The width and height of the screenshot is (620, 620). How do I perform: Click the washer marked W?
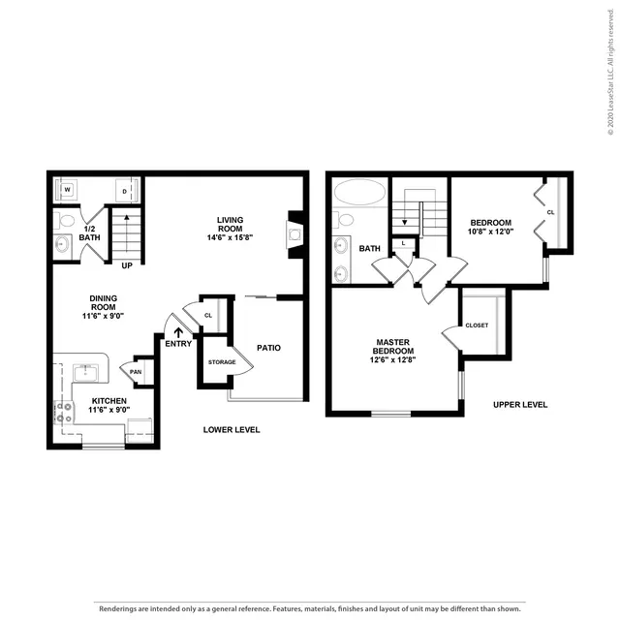coord(67,190)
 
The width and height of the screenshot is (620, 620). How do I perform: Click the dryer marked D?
coord(126,191)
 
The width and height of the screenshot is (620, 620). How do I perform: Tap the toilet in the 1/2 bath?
coord(65,221)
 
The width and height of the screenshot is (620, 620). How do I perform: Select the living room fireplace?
coord(294,234)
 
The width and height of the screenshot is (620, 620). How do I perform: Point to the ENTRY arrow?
coord(178,332)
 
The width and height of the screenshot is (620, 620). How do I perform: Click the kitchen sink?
coord(85,372)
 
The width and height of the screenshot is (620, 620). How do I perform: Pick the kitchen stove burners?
coord(64,412)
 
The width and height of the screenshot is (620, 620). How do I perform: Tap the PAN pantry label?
coord(136,372)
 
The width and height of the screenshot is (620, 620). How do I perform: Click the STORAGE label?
coord(222,362)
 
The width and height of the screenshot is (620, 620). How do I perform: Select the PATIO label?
coord(269,348)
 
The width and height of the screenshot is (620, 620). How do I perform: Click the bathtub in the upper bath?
coord(359,192)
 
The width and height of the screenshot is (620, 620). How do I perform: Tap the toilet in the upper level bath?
coord(343,220)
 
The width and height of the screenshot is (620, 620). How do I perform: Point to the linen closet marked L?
coord(403,243)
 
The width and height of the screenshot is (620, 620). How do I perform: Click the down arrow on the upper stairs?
coord(405,223)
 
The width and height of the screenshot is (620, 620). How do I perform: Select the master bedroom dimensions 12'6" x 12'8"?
coord(392,359)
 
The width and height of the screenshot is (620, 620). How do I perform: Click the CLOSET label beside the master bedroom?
coord(477,325)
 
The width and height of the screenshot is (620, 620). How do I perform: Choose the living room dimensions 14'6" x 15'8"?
coord(230,237)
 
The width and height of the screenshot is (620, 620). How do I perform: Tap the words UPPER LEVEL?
coord(520,405)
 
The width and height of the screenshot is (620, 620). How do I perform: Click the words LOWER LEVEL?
coord(232,430)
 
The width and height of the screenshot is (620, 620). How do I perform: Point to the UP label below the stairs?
coord(127,265)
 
